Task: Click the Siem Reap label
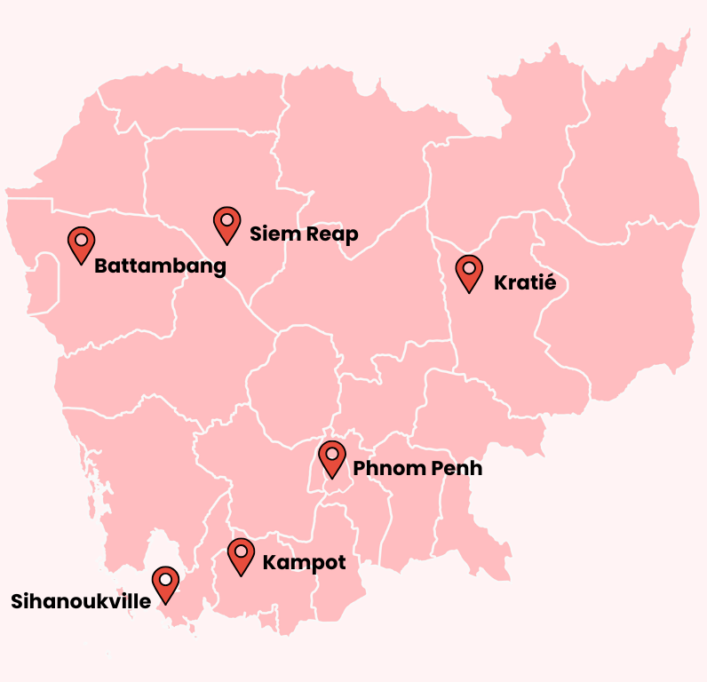coord(304,234)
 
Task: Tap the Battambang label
coord(160,266)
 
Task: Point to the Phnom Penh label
coord(417,468)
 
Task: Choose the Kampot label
coord(304,563)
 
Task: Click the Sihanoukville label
coord(81,601)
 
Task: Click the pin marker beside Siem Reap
coord(227,224)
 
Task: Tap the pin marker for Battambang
coord(81,243)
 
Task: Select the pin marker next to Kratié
coord(468,272)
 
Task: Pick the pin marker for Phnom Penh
coord(332,458)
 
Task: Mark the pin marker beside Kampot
coord(241,555)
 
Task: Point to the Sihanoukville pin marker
coord(165,583)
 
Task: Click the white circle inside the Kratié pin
coord(468,266)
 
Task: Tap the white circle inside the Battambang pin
coord(81,239)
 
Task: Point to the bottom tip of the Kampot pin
coord(241,575)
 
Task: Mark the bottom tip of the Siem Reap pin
coord(227,244)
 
